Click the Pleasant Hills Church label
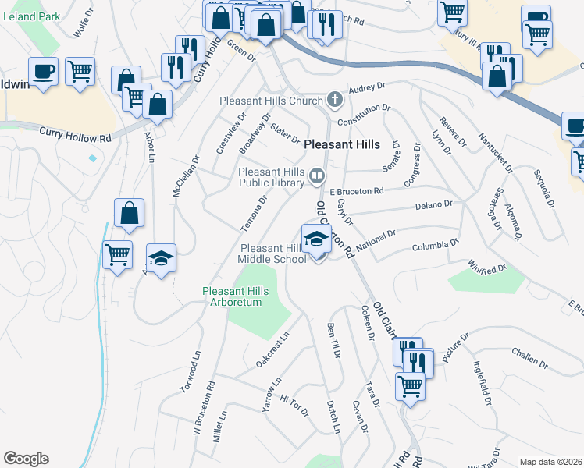pyautogui.click(x=271, y=101)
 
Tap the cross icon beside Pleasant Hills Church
pyautogui.click(x=334, y=100)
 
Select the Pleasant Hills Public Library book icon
pyautogui.click(x=316, y=176)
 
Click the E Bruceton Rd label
pyautogui.click(x=357, y=190)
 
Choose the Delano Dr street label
pyautogui.click(x=434, y=204)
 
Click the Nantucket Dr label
pyautogui.click(x=497, y=153)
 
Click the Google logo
pyautogui.click(x=26, y=459)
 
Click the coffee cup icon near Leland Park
pyautogui.click(x=43, y=71)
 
